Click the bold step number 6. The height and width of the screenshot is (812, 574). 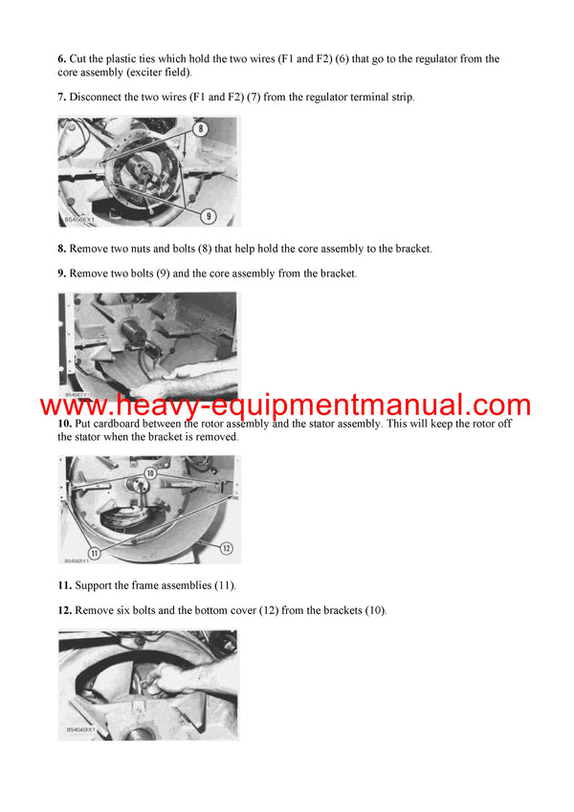click(x=62, y=59)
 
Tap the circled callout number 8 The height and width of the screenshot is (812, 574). click(x=200, y=127)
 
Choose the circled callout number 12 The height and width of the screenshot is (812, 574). click(x=227, y=548)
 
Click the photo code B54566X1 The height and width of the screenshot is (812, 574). click(x=78, y=220)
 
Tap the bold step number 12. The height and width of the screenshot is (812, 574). click(x=64, y=610)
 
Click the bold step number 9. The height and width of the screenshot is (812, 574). click(x=62, y=274)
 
